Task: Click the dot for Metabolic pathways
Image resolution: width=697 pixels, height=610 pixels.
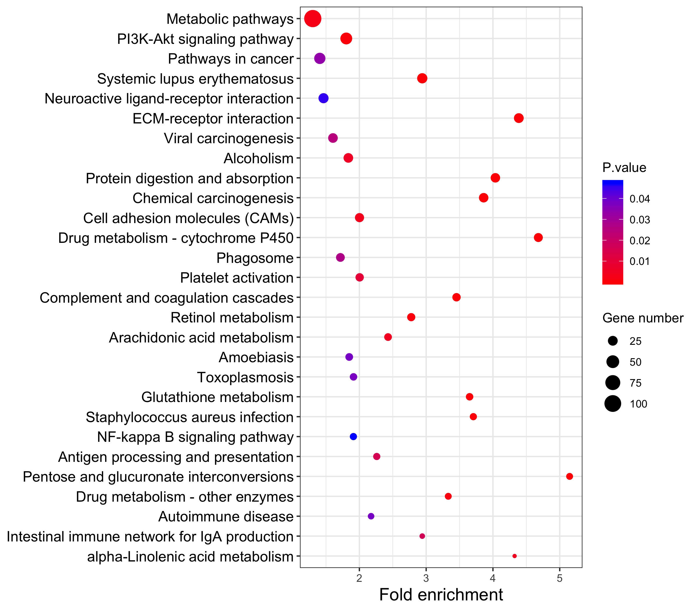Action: tap(312, 19)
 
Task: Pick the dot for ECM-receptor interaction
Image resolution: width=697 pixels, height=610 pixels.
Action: tap(519, 118)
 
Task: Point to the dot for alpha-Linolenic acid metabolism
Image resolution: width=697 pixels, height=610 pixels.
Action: tap(515, 556)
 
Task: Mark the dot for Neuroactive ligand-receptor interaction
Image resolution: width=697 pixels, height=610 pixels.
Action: tap(323, 98)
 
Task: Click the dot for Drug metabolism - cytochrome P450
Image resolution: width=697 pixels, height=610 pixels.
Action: tap(538, 238)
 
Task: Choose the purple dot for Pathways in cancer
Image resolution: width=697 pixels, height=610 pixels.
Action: tap(319, 59)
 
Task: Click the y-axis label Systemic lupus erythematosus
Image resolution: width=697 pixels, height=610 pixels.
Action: tap(195, 79)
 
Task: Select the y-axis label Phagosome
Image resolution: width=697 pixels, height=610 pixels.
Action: tap(255, 258)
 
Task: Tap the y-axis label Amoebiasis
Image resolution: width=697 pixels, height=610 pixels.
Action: tap(256, 357)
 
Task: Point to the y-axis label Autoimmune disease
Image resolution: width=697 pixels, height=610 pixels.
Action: tap(226, 517)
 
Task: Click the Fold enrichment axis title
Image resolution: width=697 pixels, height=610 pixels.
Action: tap(441, 595)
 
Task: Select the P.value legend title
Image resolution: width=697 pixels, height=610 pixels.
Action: tap(624, 168)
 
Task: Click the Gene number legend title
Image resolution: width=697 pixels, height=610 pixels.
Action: tap(642, 318)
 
